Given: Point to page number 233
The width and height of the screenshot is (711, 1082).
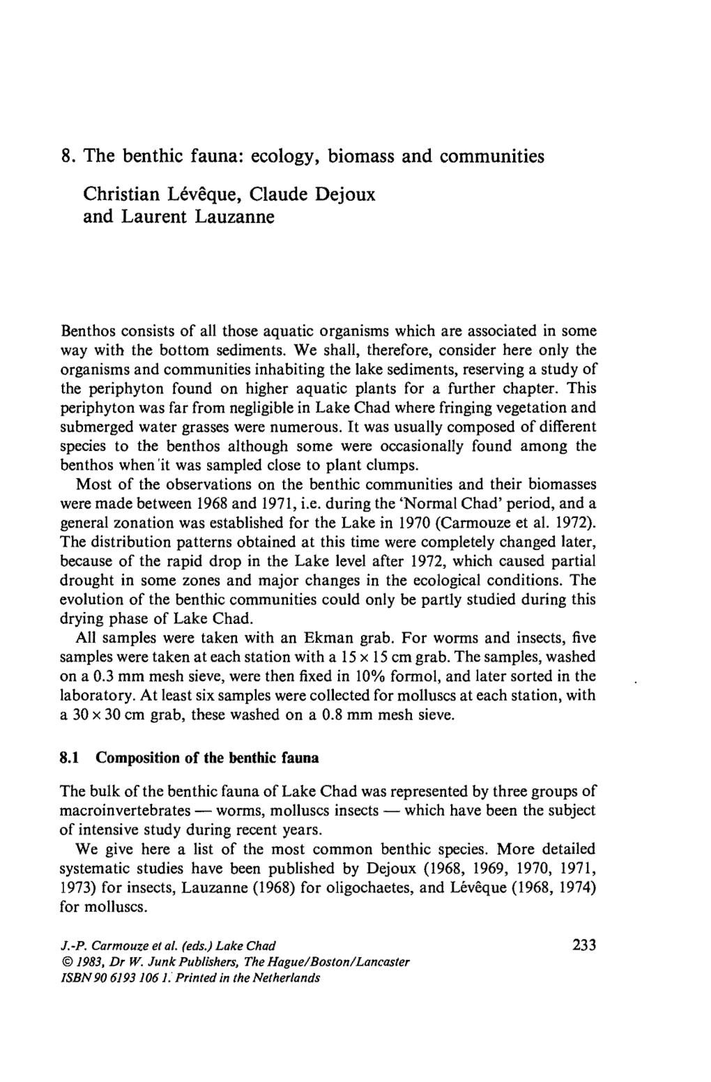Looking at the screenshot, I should (x=583, y=946).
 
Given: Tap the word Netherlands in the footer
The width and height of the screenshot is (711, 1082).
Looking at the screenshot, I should (x=291, y=977).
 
